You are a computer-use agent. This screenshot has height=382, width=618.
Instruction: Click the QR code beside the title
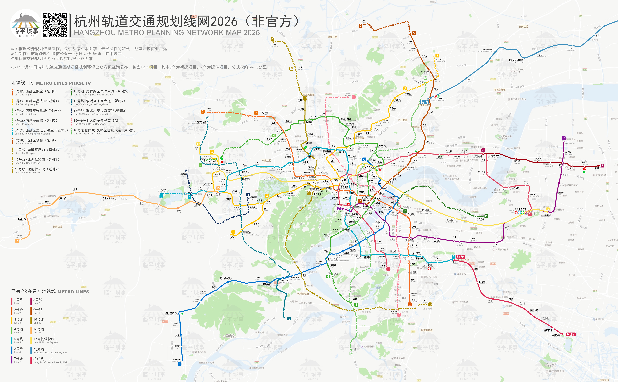55,25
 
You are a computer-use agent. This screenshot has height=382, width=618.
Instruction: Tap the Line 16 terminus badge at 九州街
17,241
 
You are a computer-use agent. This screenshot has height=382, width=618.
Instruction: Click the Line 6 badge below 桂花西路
180,364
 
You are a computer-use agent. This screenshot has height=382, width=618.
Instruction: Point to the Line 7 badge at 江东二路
564,138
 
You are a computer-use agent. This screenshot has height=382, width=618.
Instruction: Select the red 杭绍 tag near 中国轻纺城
571,334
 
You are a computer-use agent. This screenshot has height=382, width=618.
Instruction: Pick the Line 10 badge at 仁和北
272,39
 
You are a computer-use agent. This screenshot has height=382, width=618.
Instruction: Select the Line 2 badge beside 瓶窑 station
202,112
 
